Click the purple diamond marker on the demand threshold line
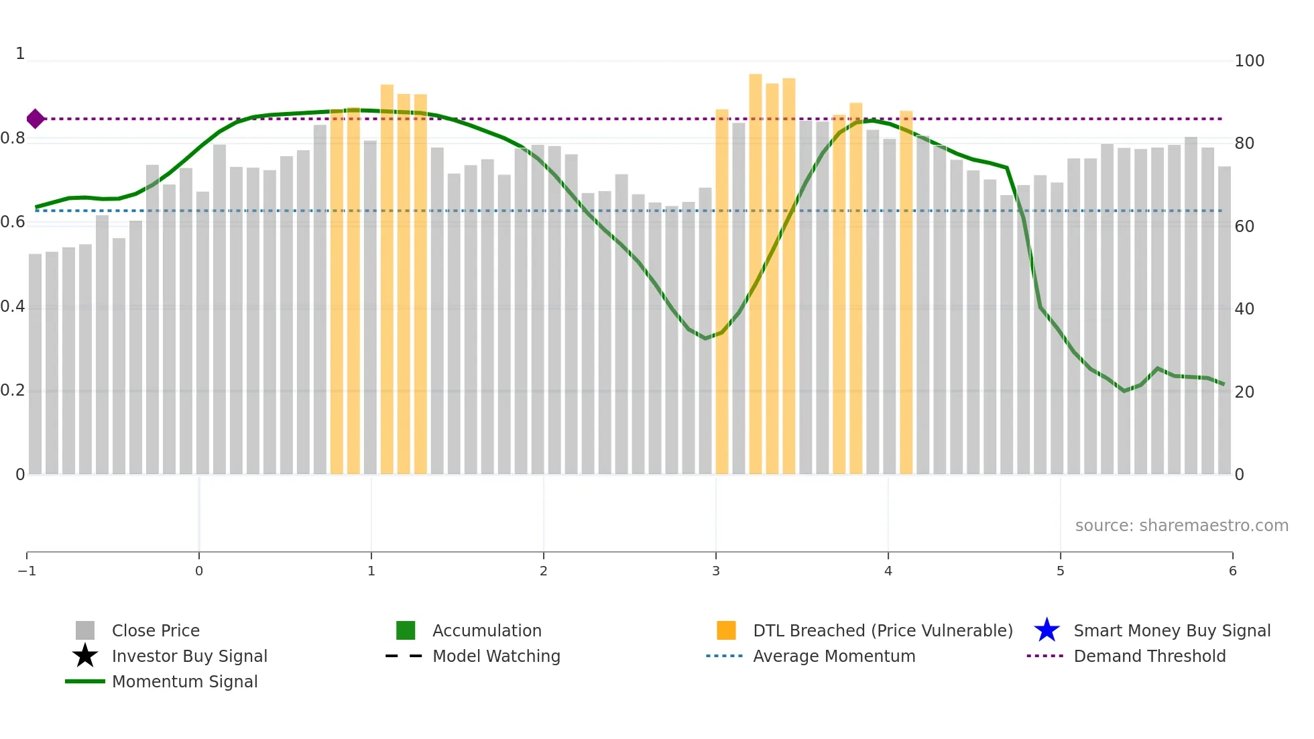pyautogui.click(x=36, y=119)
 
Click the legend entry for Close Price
pyautogui.click(x=156, y=630)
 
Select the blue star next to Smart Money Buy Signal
pyautogui.click(x=1047, y=630)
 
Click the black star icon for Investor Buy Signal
pyautogui.click(x=85, y=656)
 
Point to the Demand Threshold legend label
pyautogui.click(x=1149, y=656)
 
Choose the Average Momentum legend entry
pyautogui.click(x=833, y=656)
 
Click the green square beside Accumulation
pyautogui.click(x=406, y=630)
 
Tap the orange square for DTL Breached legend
pyautogui.click(x=726, y=630)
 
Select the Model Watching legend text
pyautogui.click(x=496, y=656)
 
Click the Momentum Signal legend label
pyautogui.click(x=184, y=681)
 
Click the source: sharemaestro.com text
pyautogui.click(x=1181, y=525)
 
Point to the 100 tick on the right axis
pyautogui.click(x=1249, y=61)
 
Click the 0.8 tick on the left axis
pyautogui.click(x=13, y=138)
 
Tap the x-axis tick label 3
pyautogui.click(x=715, y=571)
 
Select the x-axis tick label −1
pyautogui.click(x=27, y=571)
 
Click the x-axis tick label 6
pyautogui.click(x=1232, y=571)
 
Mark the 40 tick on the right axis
pyautogui.click(x=1244, y=309)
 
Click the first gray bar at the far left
pyautogui.click(x=35, y=365)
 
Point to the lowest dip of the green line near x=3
pyautogui.click(x=705, y=338)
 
